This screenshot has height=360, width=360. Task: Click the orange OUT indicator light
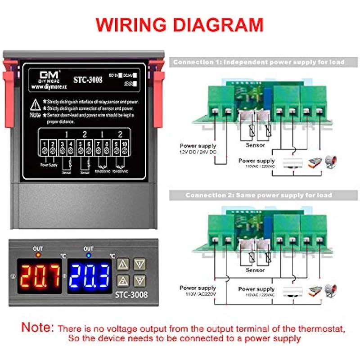pyautogui.click(x=38, y=255)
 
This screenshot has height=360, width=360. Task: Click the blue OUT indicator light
pyautogui.click(x=88, y=255)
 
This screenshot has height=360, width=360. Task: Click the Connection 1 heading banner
pyautogui.click(x=259, y=63)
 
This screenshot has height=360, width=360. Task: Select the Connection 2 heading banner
pyautogui.click(x=259, y=195)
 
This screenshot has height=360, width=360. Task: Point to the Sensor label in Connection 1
pyautogui.click(x=255, y=145)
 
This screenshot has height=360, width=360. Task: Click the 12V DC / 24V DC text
pyautogui.click(x=198, y=153)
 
